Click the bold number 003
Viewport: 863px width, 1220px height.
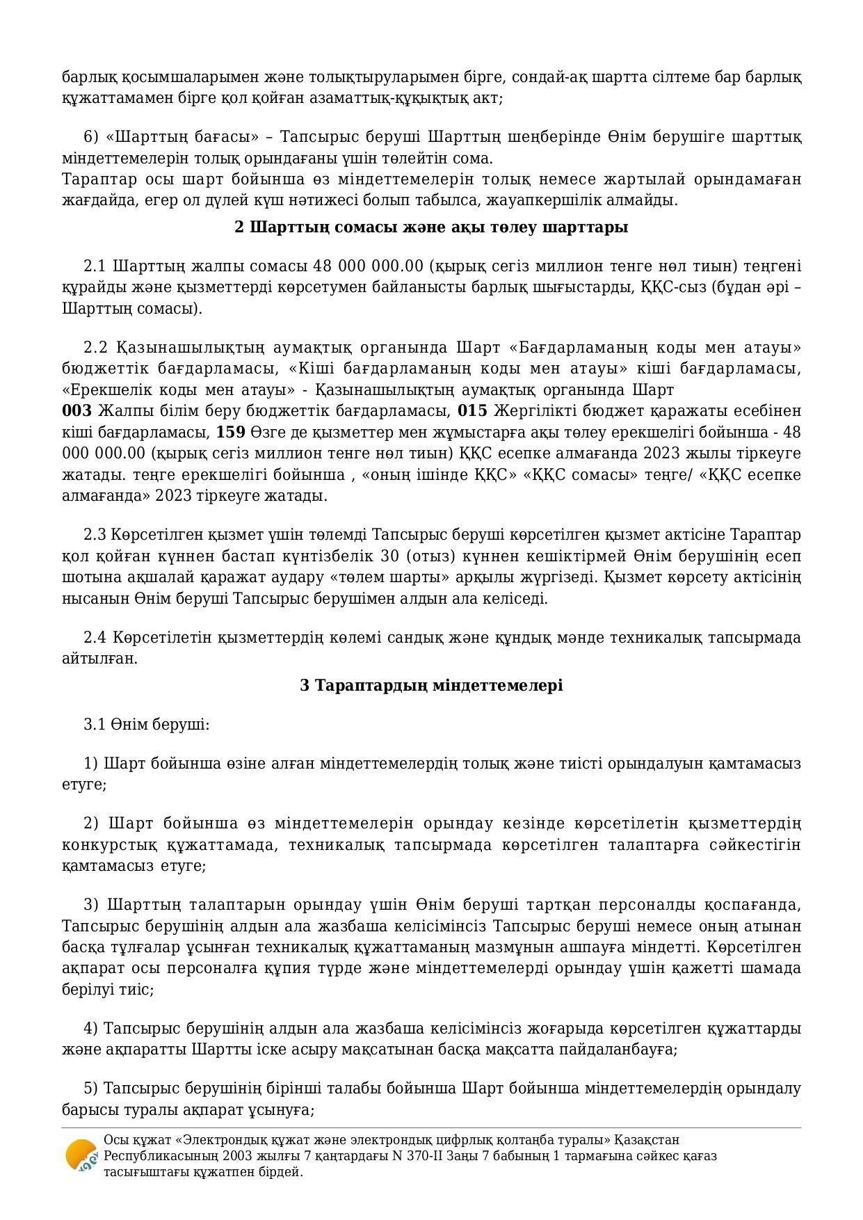(76, 411)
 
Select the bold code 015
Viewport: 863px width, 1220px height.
(472, 411)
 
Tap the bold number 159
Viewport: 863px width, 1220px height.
(230, 432)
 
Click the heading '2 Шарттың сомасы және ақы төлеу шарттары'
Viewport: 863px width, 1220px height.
(431, 227)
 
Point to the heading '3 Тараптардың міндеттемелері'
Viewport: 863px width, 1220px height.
(431, 685)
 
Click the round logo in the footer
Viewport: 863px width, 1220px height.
(81, 1155)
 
